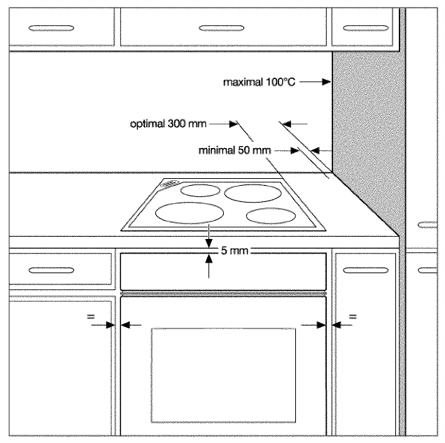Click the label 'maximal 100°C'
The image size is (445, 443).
click(257, 82)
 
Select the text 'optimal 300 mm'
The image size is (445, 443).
click(168, 124)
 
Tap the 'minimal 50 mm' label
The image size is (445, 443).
click(234, 150)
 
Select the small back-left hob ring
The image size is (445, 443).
click(198, 189)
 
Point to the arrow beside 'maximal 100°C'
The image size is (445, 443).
click(318, 82)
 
